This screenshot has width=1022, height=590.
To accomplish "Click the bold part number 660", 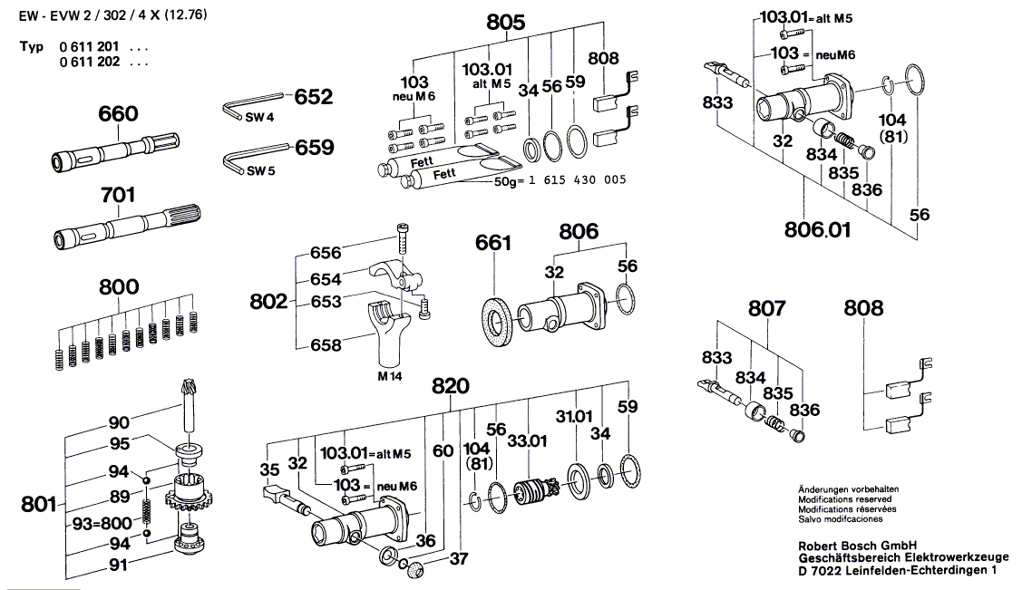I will click(118, 114).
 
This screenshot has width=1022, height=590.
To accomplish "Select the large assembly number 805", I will click(505, 24).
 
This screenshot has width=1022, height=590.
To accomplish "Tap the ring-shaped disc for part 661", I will click(495, 319).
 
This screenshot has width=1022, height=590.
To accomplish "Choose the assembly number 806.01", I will click(816, 229).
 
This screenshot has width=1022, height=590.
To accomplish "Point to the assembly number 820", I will click(450, 386).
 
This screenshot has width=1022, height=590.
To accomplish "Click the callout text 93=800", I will click(102, 524).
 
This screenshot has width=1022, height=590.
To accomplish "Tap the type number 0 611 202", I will click(91, 63).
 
